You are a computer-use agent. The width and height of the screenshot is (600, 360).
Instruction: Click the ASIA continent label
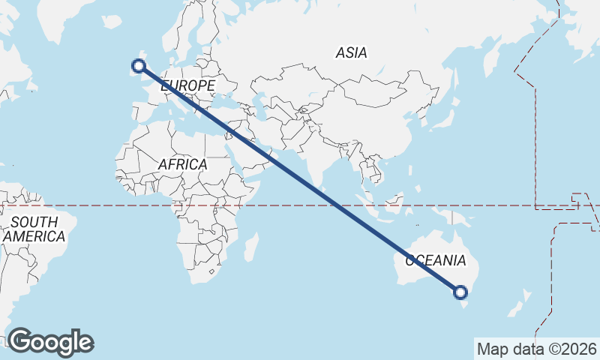pyautogui.click(x=352, y=52)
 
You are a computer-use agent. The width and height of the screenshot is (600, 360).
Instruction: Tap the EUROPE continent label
pyautogui.click(x=187, y=86)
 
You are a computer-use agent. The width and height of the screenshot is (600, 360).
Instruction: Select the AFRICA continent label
pyautogui.click(x=182, y=163)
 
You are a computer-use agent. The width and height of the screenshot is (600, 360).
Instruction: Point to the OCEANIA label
pyautogui.click(x=436, y=261)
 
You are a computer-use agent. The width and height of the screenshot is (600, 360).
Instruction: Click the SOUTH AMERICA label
pyautogui.click(x=34, y=229)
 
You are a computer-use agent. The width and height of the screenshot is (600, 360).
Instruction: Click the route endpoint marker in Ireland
pyautogui.click(x=138, y=65)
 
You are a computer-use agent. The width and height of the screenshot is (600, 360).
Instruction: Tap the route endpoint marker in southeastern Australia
pyautogui.click(x=460, y=292)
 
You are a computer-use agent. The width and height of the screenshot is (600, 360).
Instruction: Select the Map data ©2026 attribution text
pyautogui.click(x=537, y=349)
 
